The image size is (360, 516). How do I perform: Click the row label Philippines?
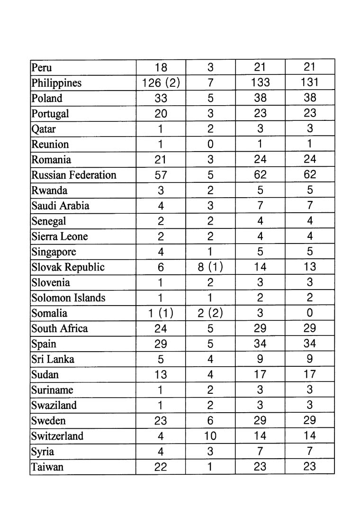(56, 83)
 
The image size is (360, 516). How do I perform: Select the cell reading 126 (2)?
(161, 83)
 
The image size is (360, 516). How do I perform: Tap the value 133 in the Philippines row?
(260, 83)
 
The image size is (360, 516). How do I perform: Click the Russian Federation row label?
(73, 175)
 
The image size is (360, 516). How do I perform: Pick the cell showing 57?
(161, 175)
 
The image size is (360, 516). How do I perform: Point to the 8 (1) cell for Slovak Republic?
(210, 267)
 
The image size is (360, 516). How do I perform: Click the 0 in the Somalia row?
(310, 313)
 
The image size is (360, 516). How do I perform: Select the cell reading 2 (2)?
(210, 313)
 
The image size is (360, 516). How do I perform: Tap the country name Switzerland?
(57, 436)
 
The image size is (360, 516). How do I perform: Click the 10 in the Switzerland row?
(210, 435)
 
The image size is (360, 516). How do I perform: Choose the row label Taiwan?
(47, 467)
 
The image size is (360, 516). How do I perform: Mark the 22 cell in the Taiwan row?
(161, 467)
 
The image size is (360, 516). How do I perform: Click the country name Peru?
(42, 67)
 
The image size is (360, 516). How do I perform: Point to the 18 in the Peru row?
(161, 67)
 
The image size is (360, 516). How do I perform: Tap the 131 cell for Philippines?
(310, 83)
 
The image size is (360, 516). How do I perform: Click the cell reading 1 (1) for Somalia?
(161, 313)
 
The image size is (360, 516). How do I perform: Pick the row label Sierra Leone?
(60, 236)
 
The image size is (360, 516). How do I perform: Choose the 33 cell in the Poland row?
(161, 98)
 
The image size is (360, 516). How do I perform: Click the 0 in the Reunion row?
(210, 144)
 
